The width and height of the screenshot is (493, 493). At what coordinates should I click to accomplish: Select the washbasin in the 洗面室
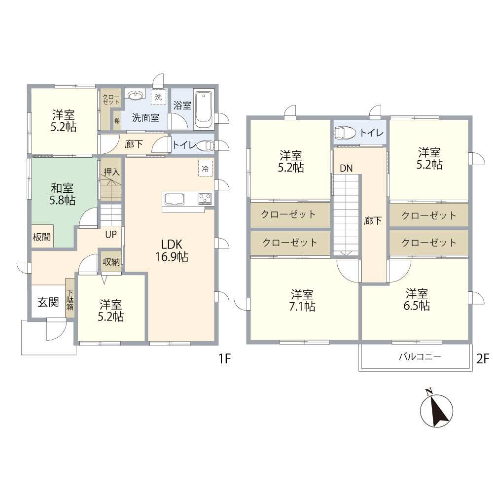tap(135, 95)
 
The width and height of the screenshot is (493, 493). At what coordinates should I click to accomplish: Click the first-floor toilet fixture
tap(206, 145)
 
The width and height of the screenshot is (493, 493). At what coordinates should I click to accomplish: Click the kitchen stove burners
tap(205, 198)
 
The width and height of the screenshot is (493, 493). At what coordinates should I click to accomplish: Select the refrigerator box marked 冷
tap(206, 168)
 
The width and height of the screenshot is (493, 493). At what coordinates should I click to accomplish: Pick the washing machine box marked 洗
tap(158, 97)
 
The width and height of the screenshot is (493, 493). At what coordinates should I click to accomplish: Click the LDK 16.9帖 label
tap(172, 250)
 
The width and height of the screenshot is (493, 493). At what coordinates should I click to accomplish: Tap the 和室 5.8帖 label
tap(62, 194)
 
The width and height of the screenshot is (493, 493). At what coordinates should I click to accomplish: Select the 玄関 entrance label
tap(48, 303)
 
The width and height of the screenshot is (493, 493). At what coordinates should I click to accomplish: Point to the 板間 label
tap(42, 237)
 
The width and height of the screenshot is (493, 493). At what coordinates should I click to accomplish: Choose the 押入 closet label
tap(111, 172)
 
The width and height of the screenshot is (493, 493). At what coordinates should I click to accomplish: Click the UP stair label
tap(111, 234)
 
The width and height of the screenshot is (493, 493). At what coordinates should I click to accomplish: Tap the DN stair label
tap(346, 168)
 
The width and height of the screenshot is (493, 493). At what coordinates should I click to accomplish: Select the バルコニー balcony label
tap(420, 356)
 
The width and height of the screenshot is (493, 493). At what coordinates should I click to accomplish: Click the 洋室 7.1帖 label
tap(302, 300)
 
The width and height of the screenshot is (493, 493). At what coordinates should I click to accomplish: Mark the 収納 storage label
tap(111, 262)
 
